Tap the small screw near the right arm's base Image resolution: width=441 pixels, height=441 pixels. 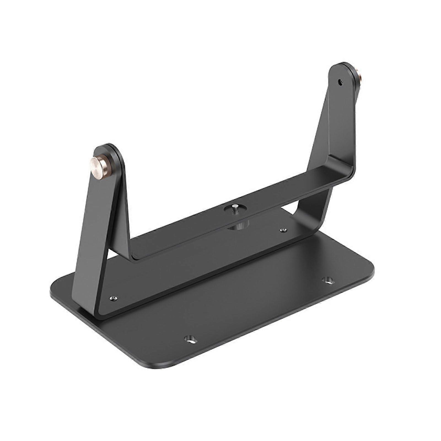[x=283, y=230]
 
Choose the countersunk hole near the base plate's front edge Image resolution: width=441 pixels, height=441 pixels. [x=190, y=338]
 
